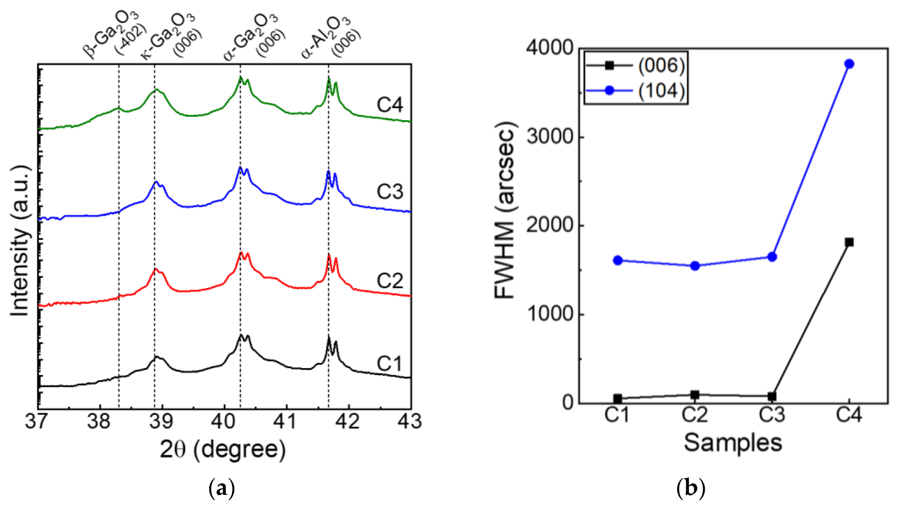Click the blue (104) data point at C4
[849, 64]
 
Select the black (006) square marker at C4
[849, 242]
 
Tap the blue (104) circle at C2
[695, 266]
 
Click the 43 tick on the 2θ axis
[410, 422]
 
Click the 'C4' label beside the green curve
[390, 105]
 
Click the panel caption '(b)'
[690, 489]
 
